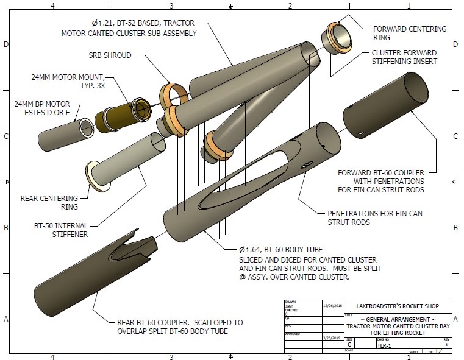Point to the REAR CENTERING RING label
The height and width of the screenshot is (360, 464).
[x=49, y=202]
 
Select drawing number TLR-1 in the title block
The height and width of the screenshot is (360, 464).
[x=384, y=345]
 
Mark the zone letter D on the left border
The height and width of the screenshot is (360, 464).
[x=5, y=44]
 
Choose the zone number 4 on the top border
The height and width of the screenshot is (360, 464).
[x=53, y=6]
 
